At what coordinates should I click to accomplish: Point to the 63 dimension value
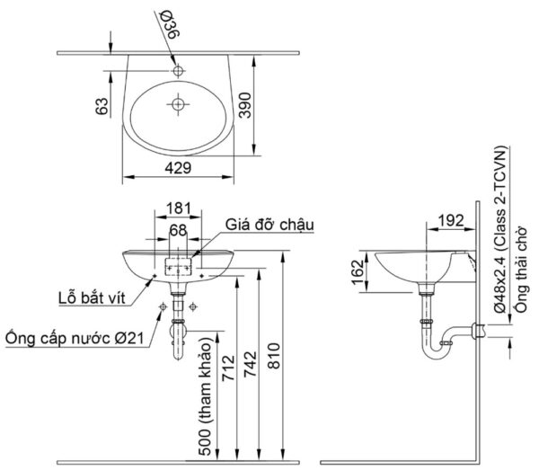click(x=102, y=105)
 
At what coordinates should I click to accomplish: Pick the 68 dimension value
click(x=179, y=231)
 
